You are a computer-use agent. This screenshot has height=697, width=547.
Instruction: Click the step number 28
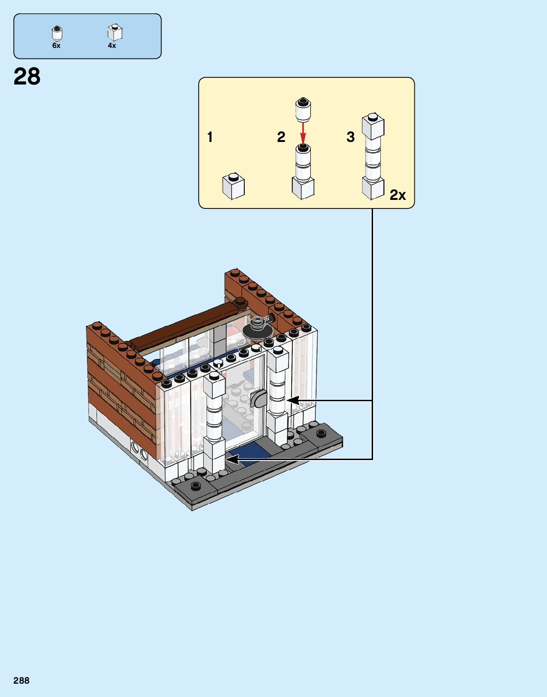coord(27,76)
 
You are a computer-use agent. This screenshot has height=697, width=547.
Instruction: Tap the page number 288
coord(21,680)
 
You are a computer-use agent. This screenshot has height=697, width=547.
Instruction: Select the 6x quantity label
coord(56,46)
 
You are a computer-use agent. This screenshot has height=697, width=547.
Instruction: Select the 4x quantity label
coord(112,46)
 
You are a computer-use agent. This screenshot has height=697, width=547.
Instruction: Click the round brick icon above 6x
coord(57,33)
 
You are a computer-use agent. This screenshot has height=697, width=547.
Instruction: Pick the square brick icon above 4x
coord(115,32)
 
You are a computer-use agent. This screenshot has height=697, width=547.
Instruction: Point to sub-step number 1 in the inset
coord(210,137)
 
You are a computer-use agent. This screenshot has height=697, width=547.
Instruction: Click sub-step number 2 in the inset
coord(281,137)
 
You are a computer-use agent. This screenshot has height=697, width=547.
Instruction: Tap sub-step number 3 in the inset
coord(350,137)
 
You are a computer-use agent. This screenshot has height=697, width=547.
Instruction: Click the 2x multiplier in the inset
coord(398,195)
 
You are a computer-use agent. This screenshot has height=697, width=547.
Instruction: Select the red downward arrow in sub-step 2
coord(303,132)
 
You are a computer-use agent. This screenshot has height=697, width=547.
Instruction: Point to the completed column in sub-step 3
coord(373,157)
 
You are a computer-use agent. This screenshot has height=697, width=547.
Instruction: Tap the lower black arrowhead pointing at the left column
coord(232,459)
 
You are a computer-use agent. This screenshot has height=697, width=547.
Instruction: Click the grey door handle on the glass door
coord(258,399)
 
